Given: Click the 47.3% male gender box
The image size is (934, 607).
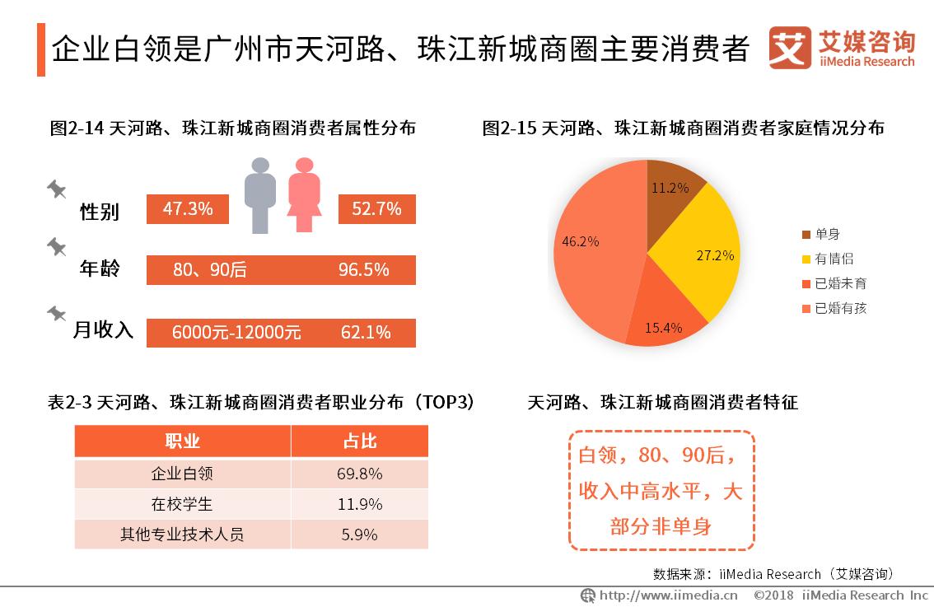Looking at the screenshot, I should tap(188, 209).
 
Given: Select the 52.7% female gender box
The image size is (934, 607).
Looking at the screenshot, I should tap(376, 209).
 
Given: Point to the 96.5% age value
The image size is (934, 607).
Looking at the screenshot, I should tap(363, 270).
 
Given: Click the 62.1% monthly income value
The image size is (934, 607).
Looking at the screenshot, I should tap(365, 333).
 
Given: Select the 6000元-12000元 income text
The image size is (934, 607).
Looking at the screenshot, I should tap(236, 333).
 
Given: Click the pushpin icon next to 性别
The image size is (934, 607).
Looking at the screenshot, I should tap(56, 189).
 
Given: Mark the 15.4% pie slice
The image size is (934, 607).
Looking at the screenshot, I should tap(663, 317).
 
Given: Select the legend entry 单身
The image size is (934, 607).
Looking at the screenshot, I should tap(826, 234).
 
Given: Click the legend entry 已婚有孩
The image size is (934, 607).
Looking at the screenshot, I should tap(839, 309).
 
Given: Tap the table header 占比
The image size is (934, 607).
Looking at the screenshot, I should tap(360, 441).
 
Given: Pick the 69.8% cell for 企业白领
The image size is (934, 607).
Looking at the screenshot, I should tap(360, 474).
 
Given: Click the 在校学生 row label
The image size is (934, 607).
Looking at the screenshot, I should tap(182, 504).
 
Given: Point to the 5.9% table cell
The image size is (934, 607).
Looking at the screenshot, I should tap(360, 535).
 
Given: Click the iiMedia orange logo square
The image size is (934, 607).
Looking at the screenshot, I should tap(790, 49).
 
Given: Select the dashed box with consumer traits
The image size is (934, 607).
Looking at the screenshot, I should tap(661, 490).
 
